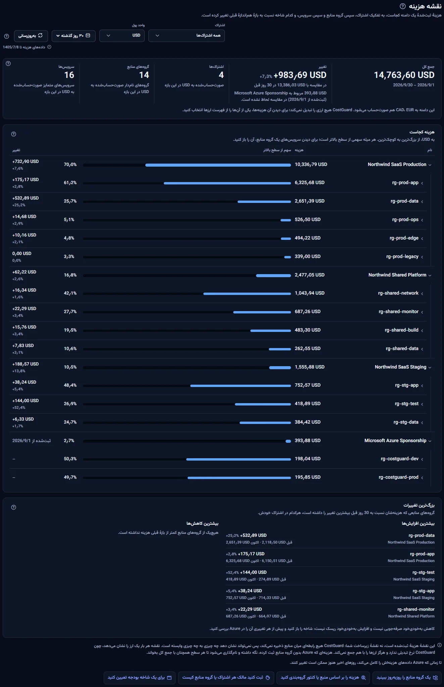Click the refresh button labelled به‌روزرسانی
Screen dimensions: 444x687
31,36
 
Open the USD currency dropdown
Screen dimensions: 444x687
122,36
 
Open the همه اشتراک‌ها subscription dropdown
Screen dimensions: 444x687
187,36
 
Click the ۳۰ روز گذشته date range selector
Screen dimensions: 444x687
73,36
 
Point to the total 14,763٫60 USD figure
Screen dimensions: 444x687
404,75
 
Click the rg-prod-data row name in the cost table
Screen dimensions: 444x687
404,201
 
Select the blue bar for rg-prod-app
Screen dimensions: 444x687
227,183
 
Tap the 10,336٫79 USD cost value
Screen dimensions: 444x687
311,164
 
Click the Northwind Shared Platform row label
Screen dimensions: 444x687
397,275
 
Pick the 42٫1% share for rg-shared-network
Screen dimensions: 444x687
70,293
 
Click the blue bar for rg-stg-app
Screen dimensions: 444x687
241,386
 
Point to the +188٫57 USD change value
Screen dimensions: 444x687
26,364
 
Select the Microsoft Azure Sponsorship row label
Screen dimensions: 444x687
395,440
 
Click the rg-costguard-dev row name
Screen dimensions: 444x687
400,459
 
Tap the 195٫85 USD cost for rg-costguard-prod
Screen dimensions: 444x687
307,477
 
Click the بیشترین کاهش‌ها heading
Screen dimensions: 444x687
202,523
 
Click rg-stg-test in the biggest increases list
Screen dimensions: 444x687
423,572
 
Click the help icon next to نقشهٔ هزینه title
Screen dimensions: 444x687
403,6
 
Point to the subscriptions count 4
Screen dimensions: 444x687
221,75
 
